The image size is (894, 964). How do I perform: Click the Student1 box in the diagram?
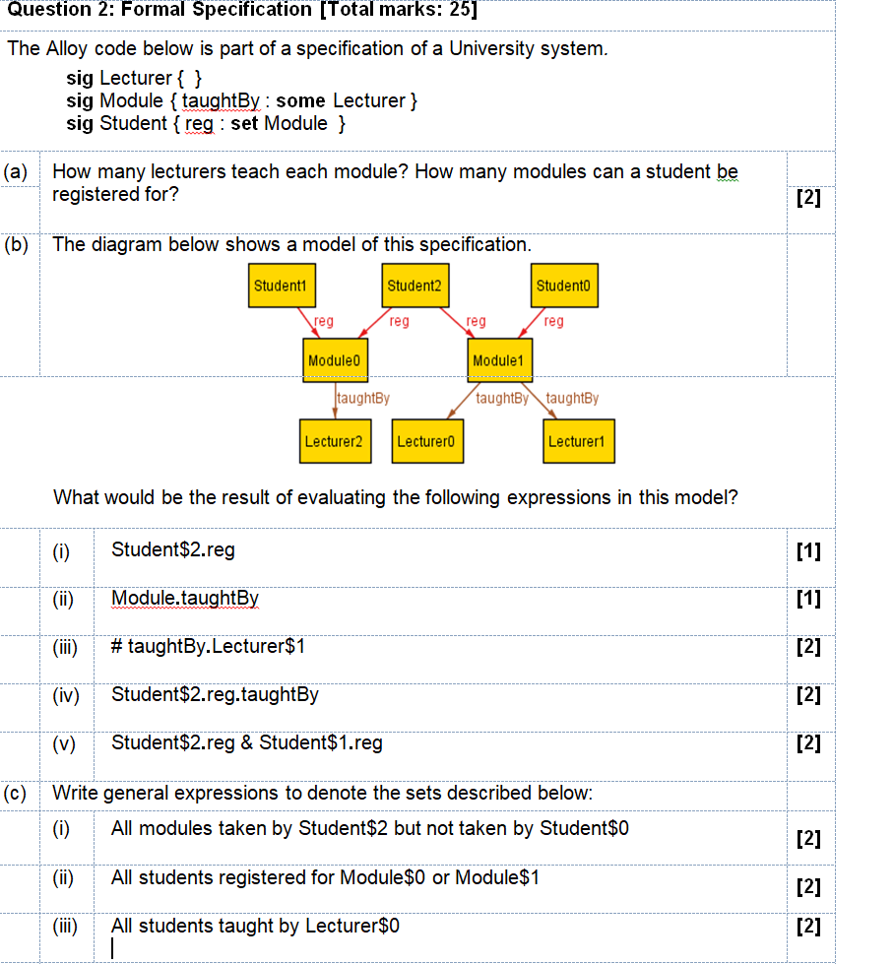(281, 286)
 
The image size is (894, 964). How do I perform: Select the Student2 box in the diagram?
(415, 286)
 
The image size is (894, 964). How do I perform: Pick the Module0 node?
(335, 361)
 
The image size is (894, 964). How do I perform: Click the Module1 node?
(497, 361)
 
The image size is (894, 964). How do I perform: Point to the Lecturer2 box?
(333, 442)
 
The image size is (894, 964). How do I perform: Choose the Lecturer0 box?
(425, 442)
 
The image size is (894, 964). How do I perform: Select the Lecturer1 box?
(577, 442)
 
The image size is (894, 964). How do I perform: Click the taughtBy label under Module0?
(363, 399)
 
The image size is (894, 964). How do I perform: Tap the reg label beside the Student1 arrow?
(324, 321)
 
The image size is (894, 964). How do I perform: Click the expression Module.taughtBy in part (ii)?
(185, 598)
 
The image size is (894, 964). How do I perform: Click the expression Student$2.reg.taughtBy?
(215, 694)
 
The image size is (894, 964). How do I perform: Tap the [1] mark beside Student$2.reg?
(807, 550)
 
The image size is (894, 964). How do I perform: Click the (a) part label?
(15, 171)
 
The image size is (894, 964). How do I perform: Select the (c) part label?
(15, 793)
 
